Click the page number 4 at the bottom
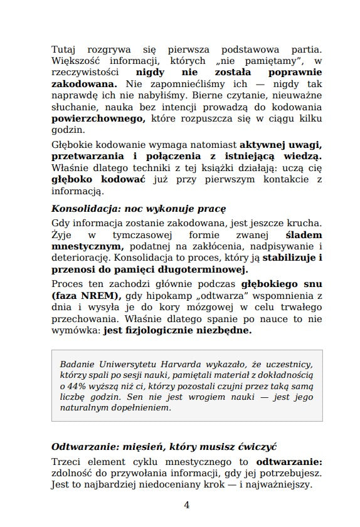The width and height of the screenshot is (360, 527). tap(186, 504)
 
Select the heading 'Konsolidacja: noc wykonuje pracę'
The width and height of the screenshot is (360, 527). tap(138, 208)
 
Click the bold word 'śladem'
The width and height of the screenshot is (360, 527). tap(304, 235)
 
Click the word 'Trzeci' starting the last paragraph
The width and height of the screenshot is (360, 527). tap(66, 462)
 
